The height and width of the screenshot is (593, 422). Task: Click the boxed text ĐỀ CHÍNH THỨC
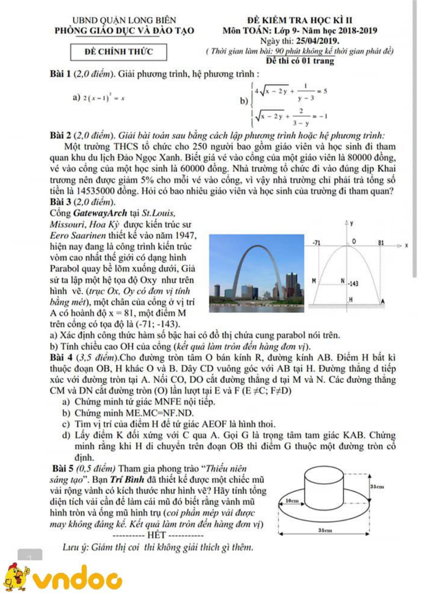tap(118, 52)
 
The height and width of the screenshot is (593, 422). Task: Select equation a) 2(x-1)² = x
tap(99, 98)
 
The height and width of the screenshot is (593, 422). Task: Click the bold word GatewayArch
tap(100, 213)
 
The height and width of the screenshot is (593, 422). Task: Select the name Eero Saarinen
tap(78, 236)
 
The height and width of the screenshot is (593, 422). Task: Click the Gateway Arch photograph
tap(256, 273)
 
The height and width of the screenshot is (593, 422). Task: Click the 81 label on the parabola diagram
tap(381, 242)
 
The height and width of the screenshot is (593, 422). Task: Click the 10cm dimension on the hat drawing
tap(292, 501)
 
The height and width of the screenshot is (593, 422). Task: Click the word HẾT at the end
tap(157, 535)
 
